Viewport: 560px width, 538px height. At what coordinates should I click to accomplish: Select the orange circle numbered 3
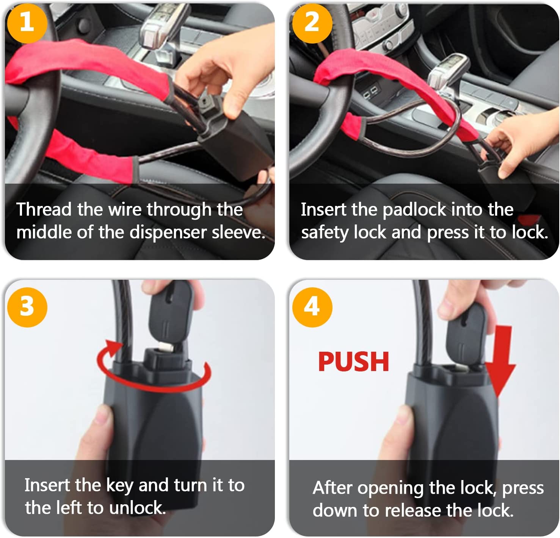point(27,307)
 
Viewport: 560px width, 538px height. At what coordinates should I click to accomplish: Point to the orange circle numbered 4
point(312,307)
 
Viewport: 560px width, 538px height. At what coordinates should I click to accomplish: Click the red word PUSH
point(353,362)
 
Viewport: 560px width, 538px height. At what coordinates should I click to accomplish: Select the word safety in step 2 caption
point(325,232)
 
